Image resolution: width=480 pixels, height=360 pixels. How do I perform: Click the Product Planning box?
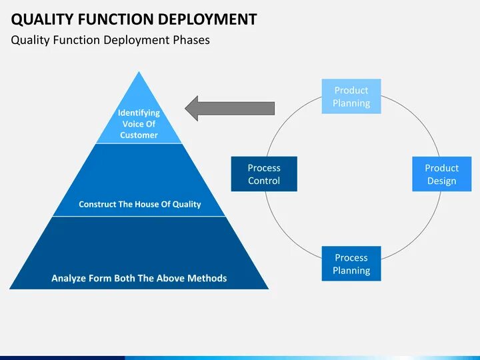coord(351,97)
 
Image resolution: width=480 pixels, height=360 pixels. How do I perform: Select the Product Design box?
coord(441,174)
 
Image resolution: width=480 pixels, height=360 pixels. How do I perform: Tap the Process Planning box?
coord(351,264)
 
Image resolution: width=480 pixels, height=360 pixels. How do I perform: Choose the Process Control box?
coord(264,174)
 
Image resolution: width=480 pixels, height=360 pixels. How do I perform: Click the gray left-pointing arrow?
coord(229,108)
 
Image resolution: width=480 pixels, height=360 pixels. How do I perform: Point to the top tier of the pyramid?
coord(139,120)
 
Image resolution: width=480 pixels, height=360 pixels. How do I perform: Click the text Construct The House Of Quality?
coord(139,204)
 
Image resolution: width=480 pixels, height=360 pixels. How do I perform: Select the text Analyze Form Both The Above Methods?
coord(139,278)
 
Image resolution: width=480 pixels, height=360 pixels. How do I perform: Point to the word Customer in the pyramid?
coord(139,135)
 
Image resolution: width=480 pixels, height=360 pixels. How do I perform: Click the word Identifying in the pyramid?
coord(139,113)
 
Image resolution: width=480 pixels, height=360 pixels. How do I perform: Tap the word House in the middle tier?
coord(151,204)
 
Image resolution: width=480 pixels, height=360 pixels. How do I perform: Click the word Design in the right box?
coord(441,181)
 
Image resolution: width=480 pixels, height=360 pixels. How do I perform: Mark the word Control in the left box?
coord(264,181)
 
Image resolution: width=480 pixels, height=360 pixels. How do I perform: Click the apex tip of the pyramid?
coord(139,73)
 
